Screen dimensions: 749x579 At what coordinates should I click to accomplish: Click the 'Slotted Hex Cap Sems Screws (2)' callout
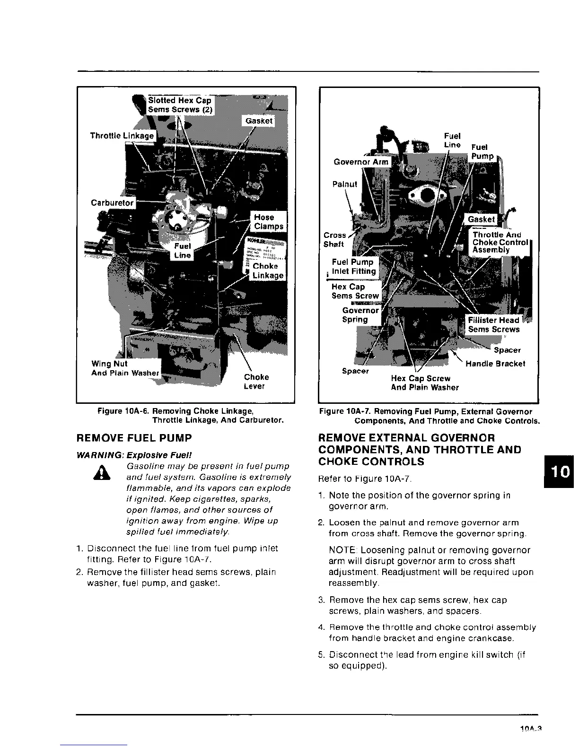[180, 105]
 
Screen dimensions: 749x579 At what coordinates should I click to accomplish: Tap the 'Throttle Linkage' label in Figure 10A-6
[122, 136]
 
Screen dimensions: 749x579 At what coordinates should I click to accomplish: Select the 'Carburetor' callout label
[113, 203]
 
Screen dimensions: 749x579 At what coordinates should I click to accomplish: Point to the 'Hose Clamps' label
[269, 222]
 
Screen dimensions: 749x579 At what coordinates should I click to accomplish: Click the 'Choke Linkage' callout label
[268, 270]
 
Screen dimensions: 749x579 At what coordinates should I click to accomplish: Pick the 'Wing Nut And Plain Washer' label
[125, 368]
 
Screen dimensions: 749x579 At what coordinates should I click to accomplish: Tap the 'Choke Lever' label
[256, 382]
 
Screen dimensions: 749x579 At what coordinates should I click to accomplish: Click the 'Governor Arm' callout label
[361, 162]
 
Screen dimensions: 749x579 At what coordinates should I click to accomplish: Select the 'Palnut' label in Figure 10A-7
[345, 184]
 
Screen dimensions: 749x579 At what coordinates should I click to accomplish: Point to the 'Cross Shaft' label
[334, 240]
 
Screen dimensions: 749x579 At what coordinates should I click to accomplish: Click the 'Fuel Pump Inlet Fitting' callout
[353, 267]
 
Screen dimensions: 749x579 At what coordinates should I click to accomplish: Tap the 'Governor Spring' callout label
[360, 315]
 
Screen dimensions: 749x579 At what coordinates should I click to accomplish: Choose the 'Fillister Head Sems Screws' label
[493, 325]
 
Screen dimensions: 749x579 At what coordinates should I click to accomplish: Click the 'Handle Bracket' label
[495, 364]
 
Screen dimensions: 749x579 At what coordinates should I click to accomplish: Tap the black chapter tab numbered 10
[560, 472]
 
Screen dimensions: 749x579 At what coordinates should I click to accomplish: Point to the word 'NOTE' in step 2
[342, 550]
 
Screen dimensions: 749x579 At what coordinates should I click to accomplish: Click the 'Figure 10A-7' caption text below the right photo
[429, 416]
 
